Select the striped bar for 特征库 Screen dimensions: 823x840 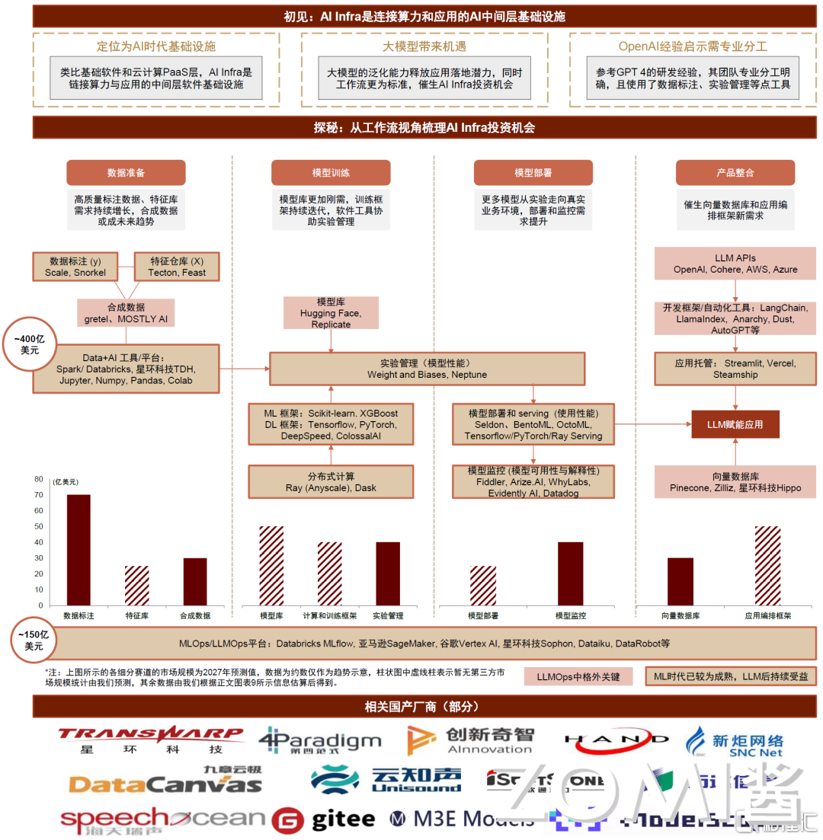(136, 584)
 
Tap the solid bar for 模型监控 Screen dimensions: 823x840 (570, 572)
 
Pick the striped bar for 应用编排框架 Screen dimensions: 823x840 (767, 564)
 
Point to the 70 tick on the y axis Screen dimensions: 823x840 (38, 495)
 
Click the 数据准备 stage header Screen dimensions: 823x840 (126, 173)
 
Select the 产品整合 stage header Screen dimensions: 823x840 (735, 173)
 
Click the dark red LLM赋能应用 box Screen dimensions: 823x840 (735, 424)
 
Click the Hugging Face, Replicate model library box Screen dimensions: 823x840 (331, 313)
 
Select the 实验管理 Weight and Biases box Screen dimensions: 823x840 (427, 369)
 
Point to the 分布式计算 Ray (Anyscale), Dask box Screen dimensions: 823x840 (331, 482)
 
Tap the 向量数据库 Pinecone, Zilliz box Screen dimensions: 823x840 (735, 482)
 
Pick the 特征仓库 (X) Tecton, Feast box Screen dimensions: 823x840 (177, 267)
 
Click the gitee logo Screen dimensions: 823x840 (324, 819)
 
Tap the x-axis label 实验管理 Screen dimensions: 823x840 (388, 615)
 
